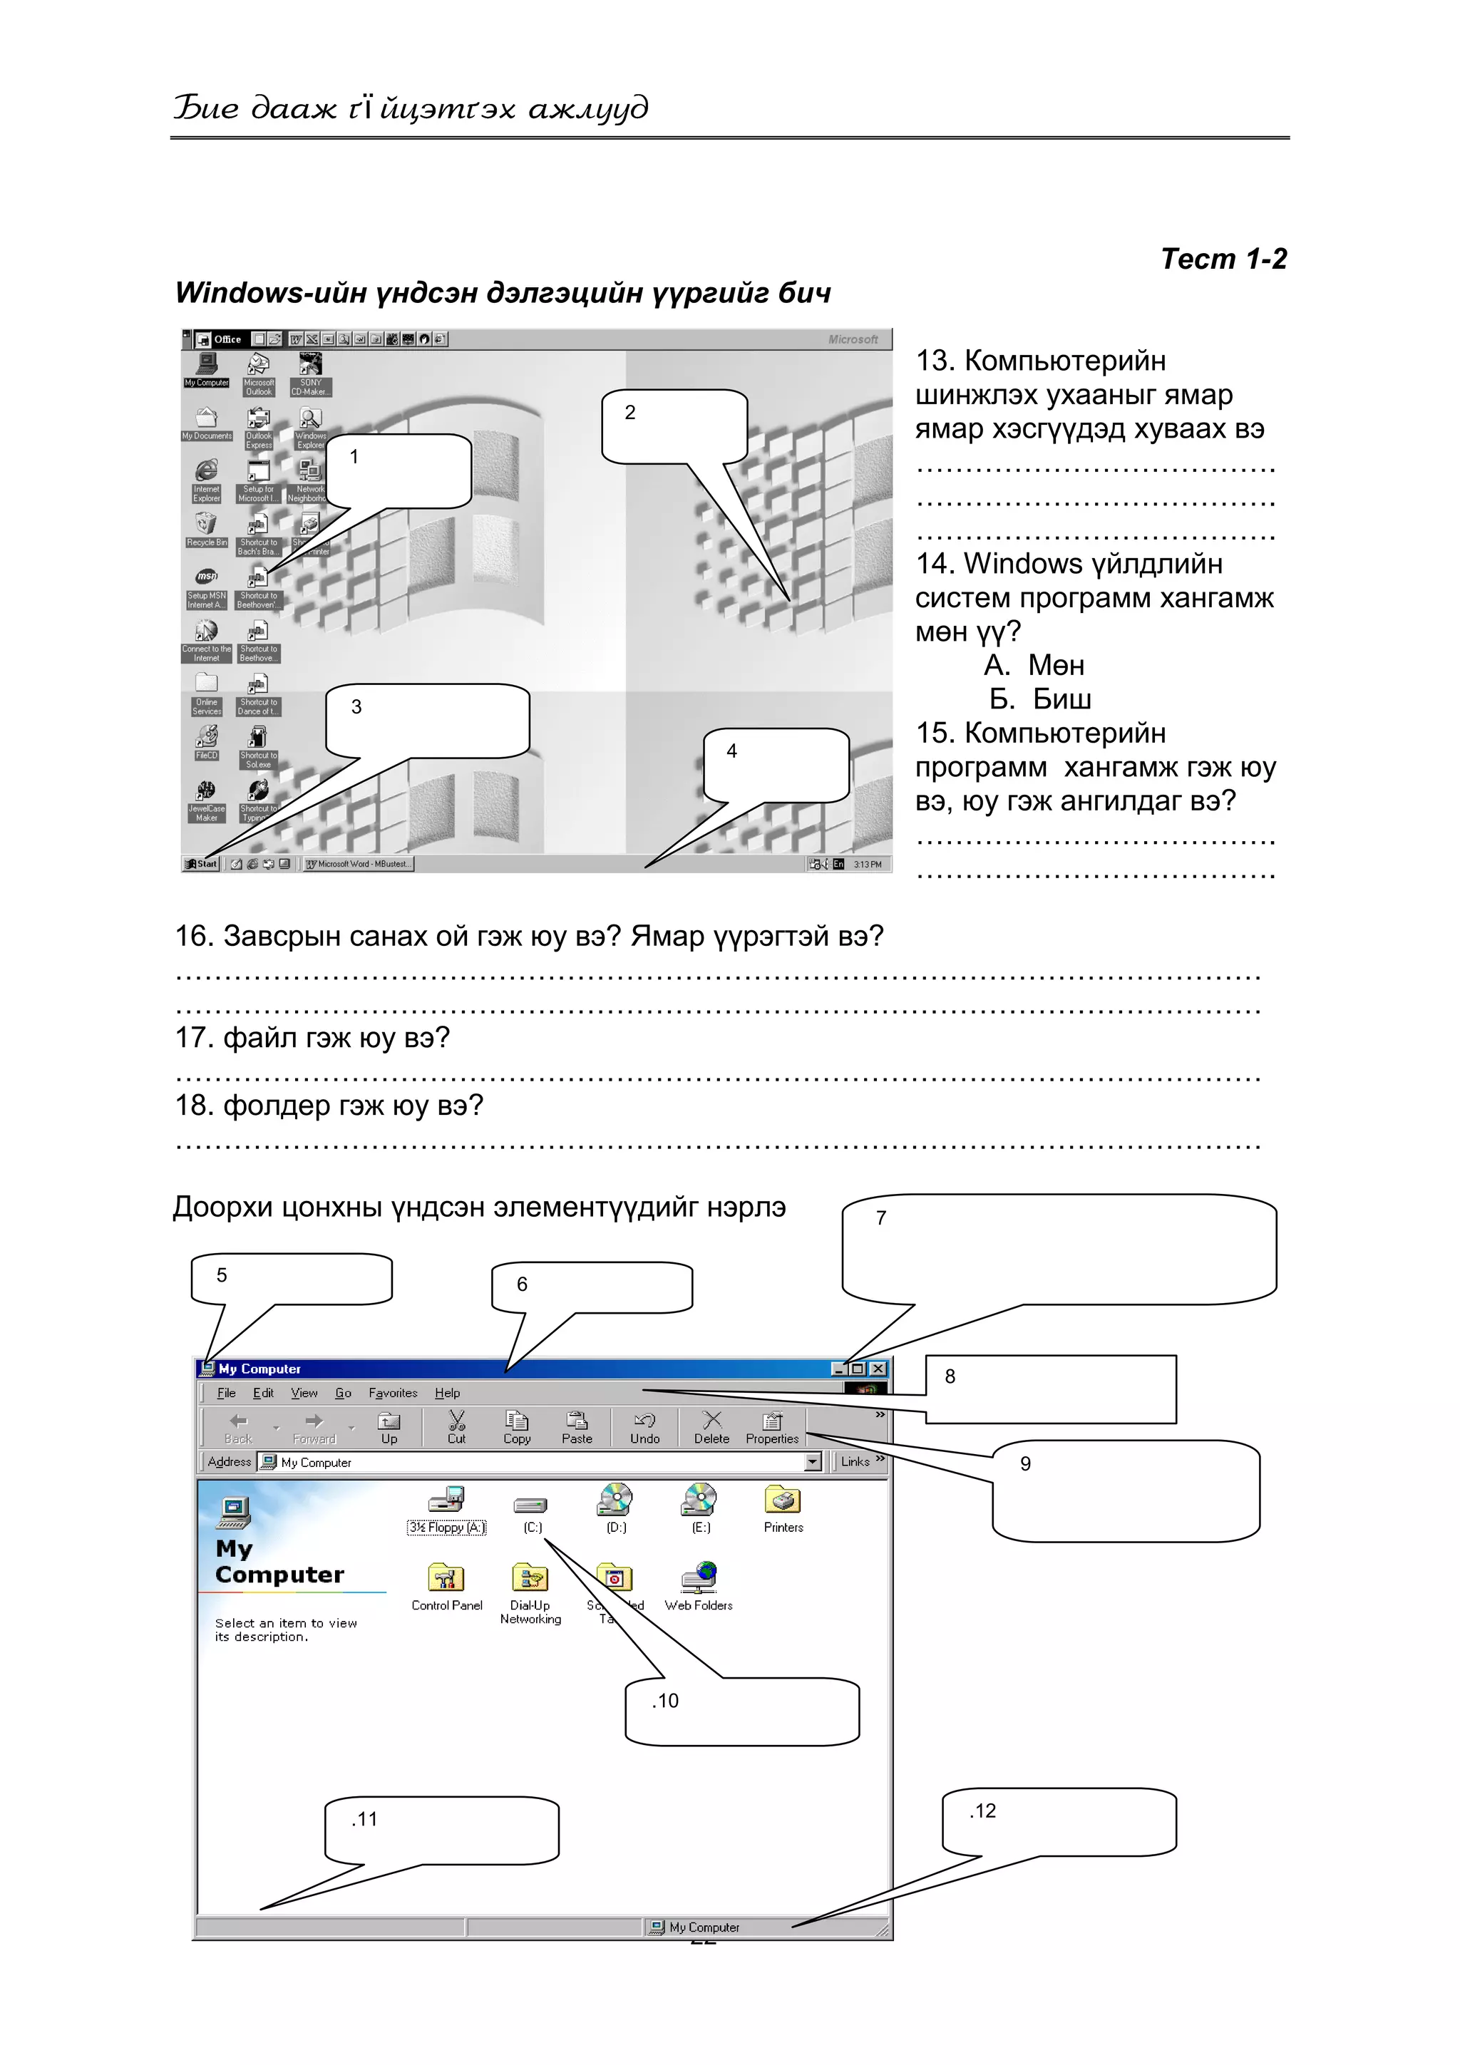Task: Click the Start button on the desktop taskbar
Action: [x=202, y=863]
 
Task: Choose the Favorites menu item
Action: [x=392, y=1393]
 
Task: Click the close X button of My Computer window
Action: [x=878, y=1369]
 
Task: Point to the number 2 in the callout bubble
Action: [x=629, y=413]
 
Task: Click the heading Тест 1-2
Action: [x=1223, y=259]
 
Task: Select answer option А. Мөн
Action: [x=1034, y=666]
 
